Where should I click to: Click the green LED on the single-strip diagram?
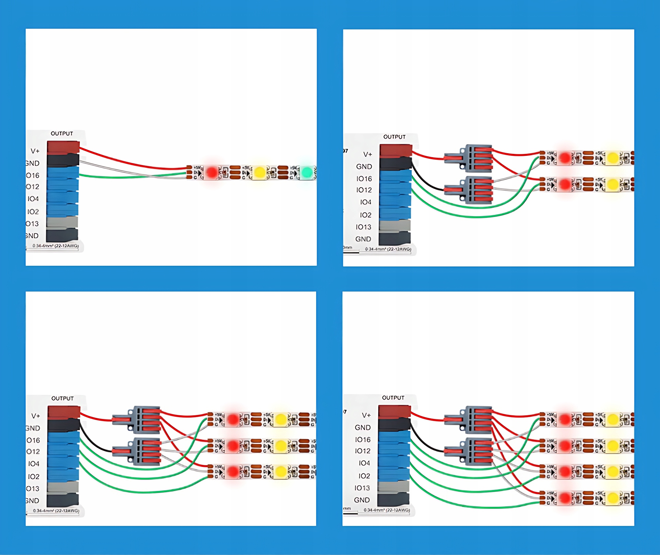(x=307, y=172)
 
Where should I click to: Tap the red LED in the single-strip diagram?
(x=212, y=172)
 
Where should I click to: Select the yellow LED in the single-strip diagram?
(x=259, y=172)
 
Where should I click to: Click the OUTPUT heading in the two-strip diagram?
(x=394, y=137)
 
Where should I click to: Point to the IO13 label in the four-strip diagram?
(x=362, y=488)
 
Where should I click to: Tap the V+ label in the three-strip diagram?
(x=36, y=416)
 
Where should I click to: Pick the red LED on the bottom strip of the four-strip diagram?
(x=565, y=498)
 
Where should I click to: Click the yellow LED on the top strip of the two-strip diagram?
(x=612, y=158)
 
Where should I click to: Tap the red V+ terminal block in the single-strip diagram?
(x=63, y=147)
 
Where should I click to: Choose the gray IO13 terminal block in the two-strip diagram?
(x=395, y=225)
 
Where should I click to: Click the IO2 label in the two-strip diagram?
(x=366, y=215)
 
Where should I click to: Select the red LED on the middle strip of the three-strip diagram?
(x=233, y=446)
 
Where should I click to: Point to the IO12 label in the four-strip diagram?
(x=363, y=451)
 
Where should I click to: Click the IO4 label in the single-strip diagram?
(x=33, y=199)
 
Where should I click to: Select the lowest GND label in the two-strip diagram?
(x=363, y=239)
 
